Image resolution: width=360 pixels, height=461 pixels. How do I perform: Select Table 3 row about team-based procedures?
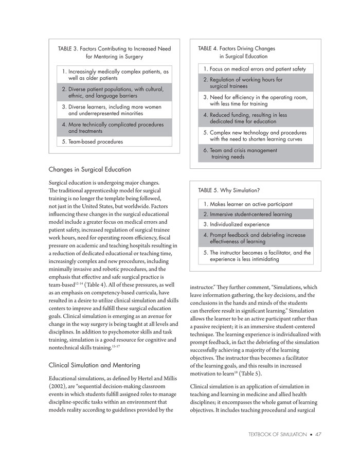coord(92,141)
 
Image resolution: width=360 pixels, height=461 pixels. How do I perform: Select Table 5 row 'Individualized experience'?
coord(236,224)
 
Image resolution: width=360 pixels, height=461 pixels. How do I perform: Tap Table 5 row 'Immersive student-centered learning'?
coord(247,214)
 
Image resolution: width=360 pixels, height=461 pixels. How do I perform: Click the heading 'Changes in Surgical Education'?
coord(89,169)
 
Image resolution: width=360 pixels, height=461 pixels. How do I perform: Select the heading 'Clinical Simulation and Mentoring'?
coord(95,365)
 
